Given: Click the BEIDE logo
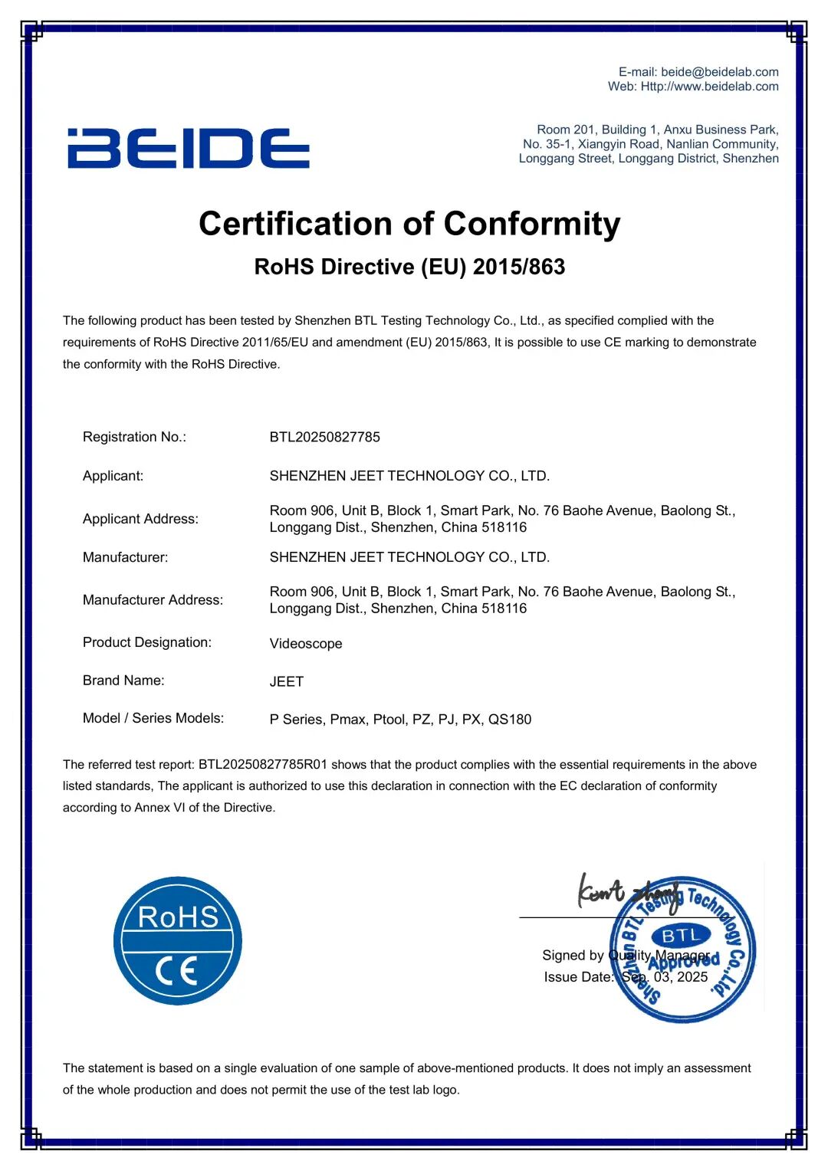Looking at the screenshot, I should pyautogui.click(x=189, y=149).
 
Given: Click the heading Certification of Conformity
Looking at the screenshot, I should pyautogui.click(x=409, y=224).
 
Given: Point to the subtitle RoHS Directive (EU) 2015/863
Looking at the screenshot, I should pyautogui.click(x=409, y=267).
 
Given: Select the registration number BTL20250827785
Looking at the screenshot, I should pyautogui.click(x=324, y=437).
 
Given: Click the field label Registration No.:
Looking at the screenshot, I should pyautogui.click(x=134, y=437).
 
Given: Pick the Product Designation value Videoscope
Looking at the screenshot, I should pyautogui.click(x=306, y=644).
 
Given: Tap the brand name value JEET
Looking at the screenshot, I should pyautogui.click(x=287, y=681).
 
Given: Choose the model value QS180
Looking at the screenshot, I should pyautogui.click(x=510, y=720).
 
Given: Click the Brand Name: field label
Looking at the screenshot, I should pyautogui.click(x=123, y=681).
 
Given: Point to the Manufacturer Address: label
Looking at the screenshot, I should pyautogui.click(x=153, y=600).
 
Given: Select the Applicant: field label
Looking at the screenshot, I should pyautogui.click(x=113, y=476).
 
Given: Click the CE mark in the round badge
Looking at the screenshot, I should pyautogui.click(x=177, y=971).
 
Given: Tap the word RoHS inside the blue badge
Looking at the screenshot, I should pyautogui.click(x=178, y=917).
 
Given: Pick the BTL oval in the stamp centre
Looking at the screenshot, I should pyautogui.click(x=681, y=936).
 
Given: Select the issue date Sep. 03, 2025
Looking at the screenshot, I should pyautogui.click(x=665, y=977).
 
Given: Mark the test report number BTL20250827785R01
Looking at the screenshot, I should pyautogui.click(x=263, y=765).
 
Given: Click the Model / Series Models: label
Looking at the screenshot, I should pyautogui.click(x=153, y=718).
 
